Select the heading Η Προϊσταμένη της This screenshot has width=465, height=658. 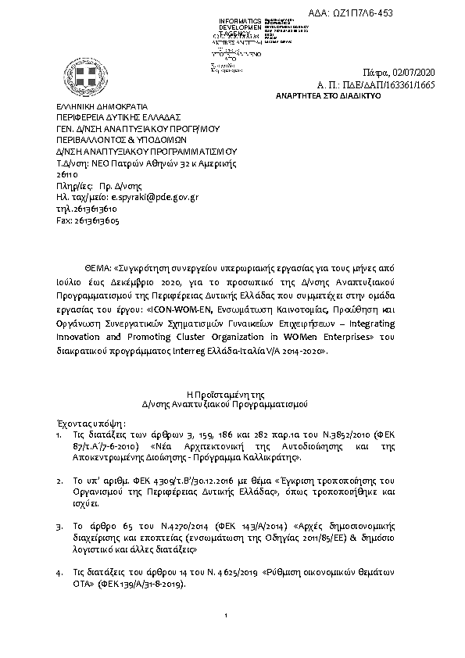tap(231, 395)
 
